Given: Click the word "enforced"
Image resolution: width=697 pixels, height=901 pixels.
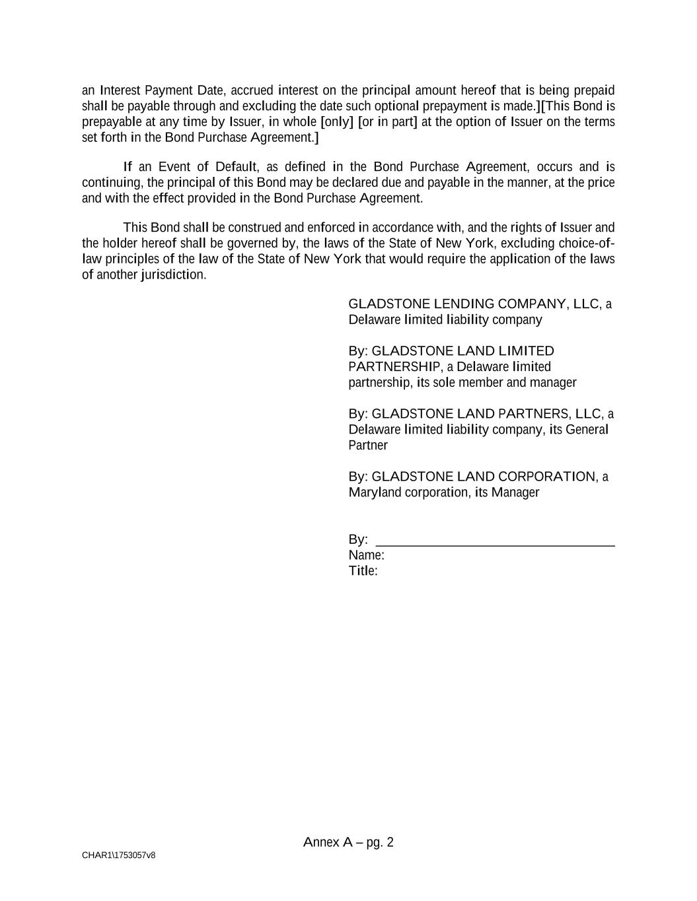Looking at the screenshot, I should point(331,228).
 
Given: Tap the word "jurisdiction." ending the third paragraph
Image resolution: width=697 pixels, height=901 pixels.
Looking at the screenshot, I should point(174,275).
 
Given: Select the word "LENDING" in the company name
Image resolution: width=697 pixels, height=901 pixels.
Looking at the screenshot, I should point(464,304).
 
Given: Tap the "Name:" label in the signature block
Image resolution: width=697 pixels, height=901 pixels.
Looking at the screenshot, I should point(366,555).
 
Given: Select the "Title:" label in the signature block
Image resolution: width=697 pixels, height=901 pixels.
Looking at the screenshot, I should point(363,571).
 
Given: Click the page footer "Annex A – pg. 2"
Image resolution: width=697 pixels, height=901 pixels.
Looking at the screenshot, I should point(348,842).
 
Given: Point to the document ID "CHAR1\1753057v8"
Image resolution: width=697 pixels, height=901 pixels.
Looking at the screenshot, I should point(119,855).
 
